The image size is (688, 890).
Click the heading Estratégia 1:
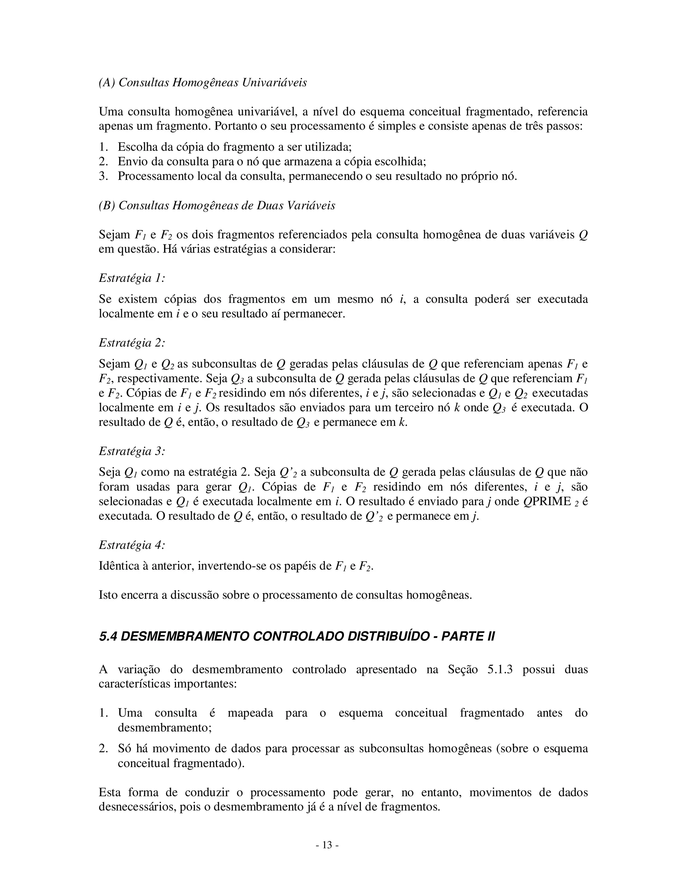132,278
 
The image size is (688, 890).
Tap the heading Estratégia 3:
132,451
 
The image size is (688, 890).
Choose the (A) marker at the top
107,83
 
